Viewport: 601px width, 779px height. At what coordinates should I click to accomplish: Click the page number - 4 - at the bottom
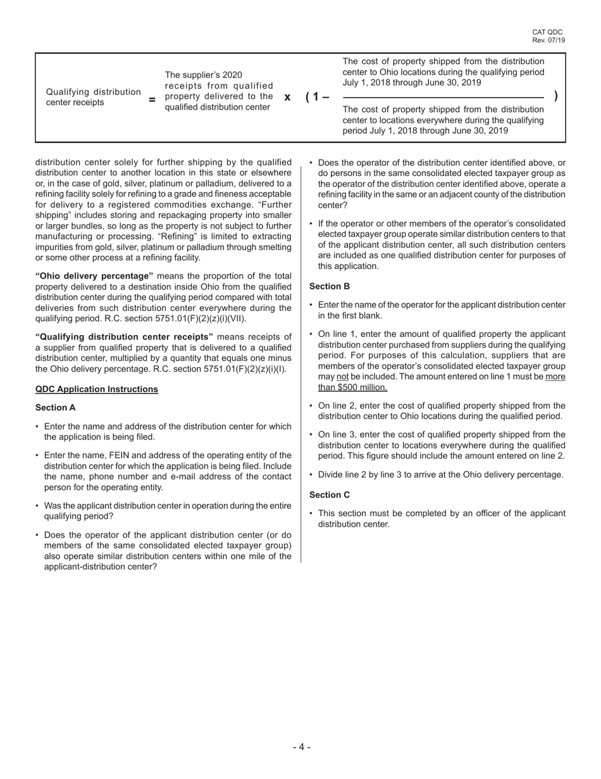301,747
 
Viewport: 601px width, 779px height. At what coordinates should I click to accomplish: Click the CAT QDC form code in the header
547,32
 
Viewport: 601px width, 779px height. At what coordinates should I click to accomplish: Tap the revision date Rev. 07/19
548,41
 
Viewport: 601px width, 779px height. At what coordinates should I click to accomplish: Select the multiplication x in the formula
287,97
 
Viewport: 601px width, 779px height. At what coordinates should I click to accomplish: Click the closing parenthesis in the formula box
555,96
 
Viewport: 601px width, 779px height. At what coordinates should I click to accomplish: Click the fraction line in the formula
443,98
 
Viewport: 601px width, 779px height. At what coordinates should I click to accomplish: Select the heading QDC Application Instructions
97,389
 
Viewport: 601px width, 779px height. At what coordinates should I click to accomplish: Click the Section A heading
56,408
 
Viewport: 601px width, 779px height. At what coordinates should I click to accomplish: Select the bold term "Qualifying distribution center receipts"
124,337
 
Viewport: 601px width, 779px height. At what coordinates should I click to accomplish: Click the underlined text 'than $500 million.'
352,387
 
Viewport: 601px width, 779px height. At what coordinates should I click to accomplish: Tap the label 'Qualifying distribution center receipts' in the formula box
93,97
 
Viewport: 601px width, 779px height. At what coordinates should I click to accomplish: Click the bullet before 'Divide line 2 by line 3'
311,475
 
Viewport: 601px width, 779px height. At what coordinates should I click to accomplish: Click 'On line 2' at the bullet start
338,406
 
